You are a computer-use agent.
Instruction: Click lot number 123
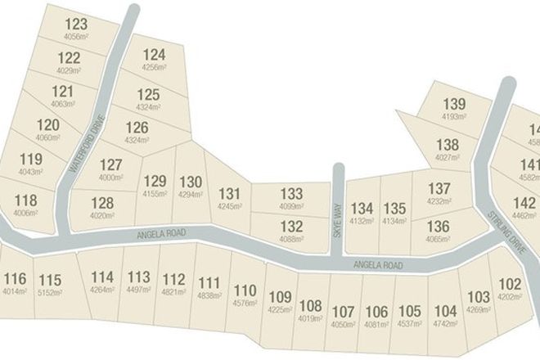click(x=75, y=25)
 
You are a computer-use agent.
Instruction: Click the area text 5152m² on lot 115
click(x=50, y=291)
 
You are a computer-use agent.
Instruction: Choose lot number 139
click(x=453, y=104)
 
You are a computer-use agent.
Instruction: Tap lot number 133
click(x=291, y=194)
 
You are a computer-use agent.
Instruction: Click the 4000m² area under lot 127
click(x=110, y=177)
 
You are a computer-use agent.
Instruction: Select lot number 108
click(x=311, y=306)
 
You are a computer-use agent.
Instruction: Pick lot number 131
click(x=230, y=194)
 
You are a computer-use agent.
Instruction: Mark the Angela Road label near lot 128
click(x=163, y=236)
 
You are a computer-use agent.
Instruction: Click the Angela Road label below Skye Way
click(x=377, y=265)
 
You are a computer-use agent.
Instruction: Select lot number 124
click(x=154, y=55)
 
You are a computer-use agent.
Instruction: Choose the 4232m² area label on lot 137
click(x=439, y=201)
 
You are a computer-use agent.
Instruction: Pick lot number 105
click(x=410, y=311)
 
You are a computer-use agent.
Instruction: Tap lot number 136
click(x=439, y=227)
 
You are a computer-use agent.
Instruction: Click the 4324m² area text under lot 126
click(x=137, y=140)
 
